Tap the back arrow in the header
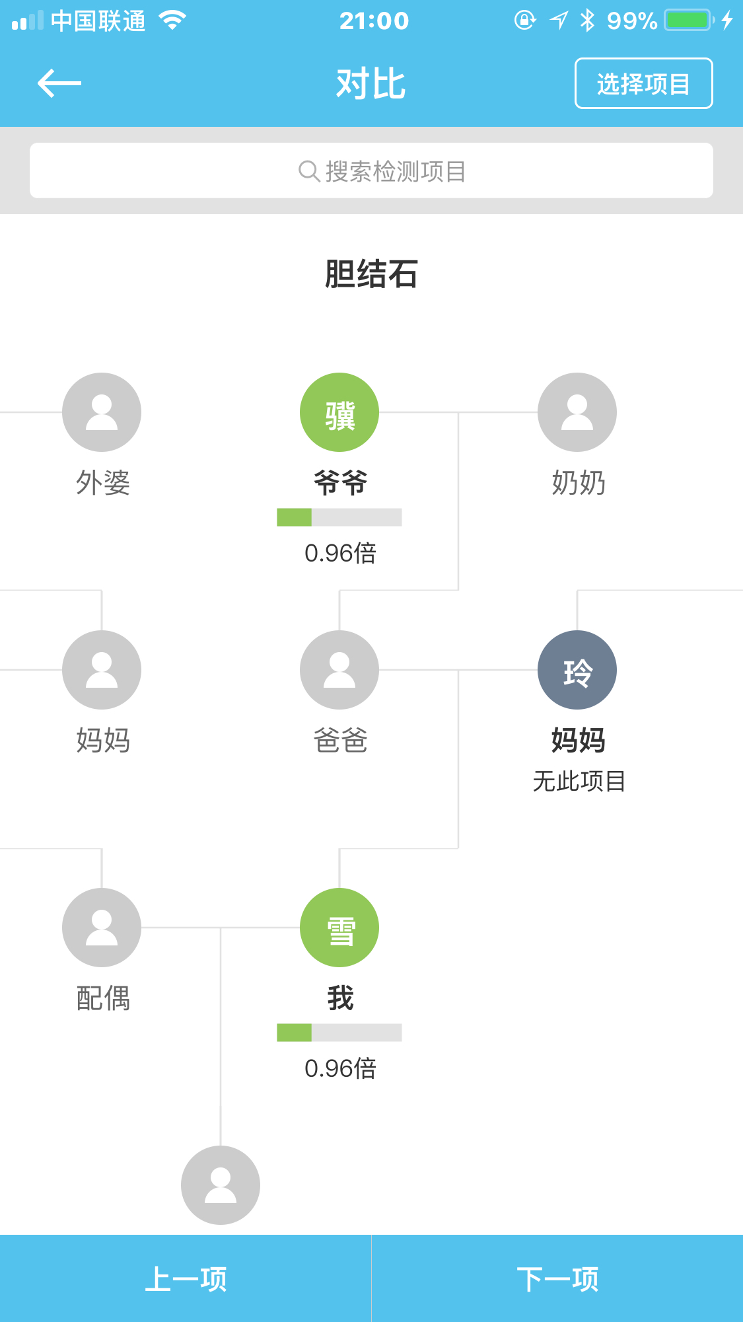(59, 83)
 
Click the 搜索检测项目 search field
(371, 170)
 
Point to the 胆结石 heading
(371, 274)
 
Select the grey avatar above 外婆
(102, 412)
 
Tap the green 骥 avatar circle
(339, 412)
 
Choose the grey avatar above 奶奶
(577, 412)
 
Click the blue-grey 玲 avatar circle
(577, 670)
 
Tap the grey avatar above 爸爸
(339, 670)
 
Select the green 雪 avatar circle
(339, 928)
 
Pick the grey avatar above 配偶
(102, 928)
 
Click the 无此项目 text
(579, 781)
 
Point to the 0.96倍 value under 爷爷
(340, 553)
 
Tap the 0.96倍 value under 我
(340, 1068)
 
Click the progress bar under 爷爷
(339, 517)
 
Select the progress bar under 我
(339, 1033)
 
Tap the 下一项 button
(557, 1279)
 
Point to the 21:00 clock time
(374, 21)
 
